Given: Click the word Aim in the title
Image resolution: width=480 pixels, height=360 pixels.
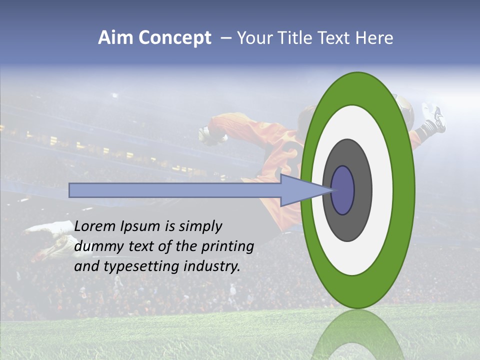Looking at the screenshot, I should point(116,38).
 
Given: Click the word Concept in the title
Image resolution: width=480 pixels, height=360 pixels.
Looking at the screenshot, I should point(175,38).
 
